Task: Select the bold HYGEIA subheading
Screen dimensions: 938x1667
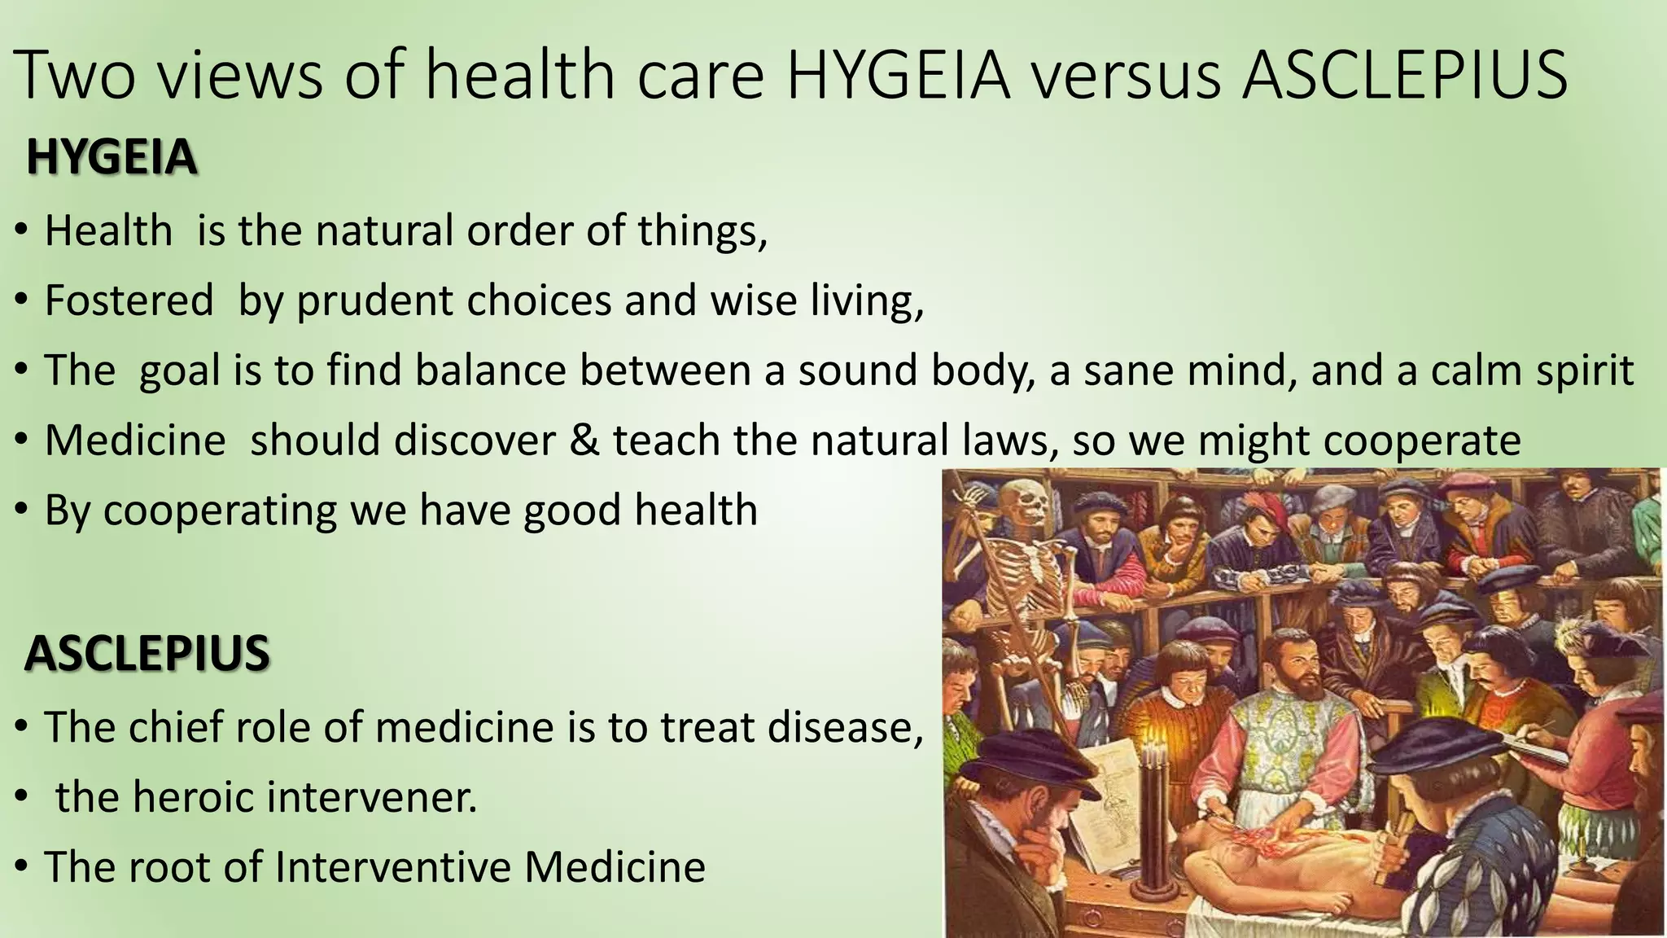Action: click(112, 157)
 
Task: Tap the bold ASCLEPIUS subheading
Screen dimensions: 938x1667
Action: click(147, 653)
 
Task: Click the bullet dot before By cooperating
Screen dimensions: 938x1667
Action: click(23, 511)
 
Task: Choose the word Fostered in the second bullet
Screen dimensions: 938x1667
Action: click(129, 300)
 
